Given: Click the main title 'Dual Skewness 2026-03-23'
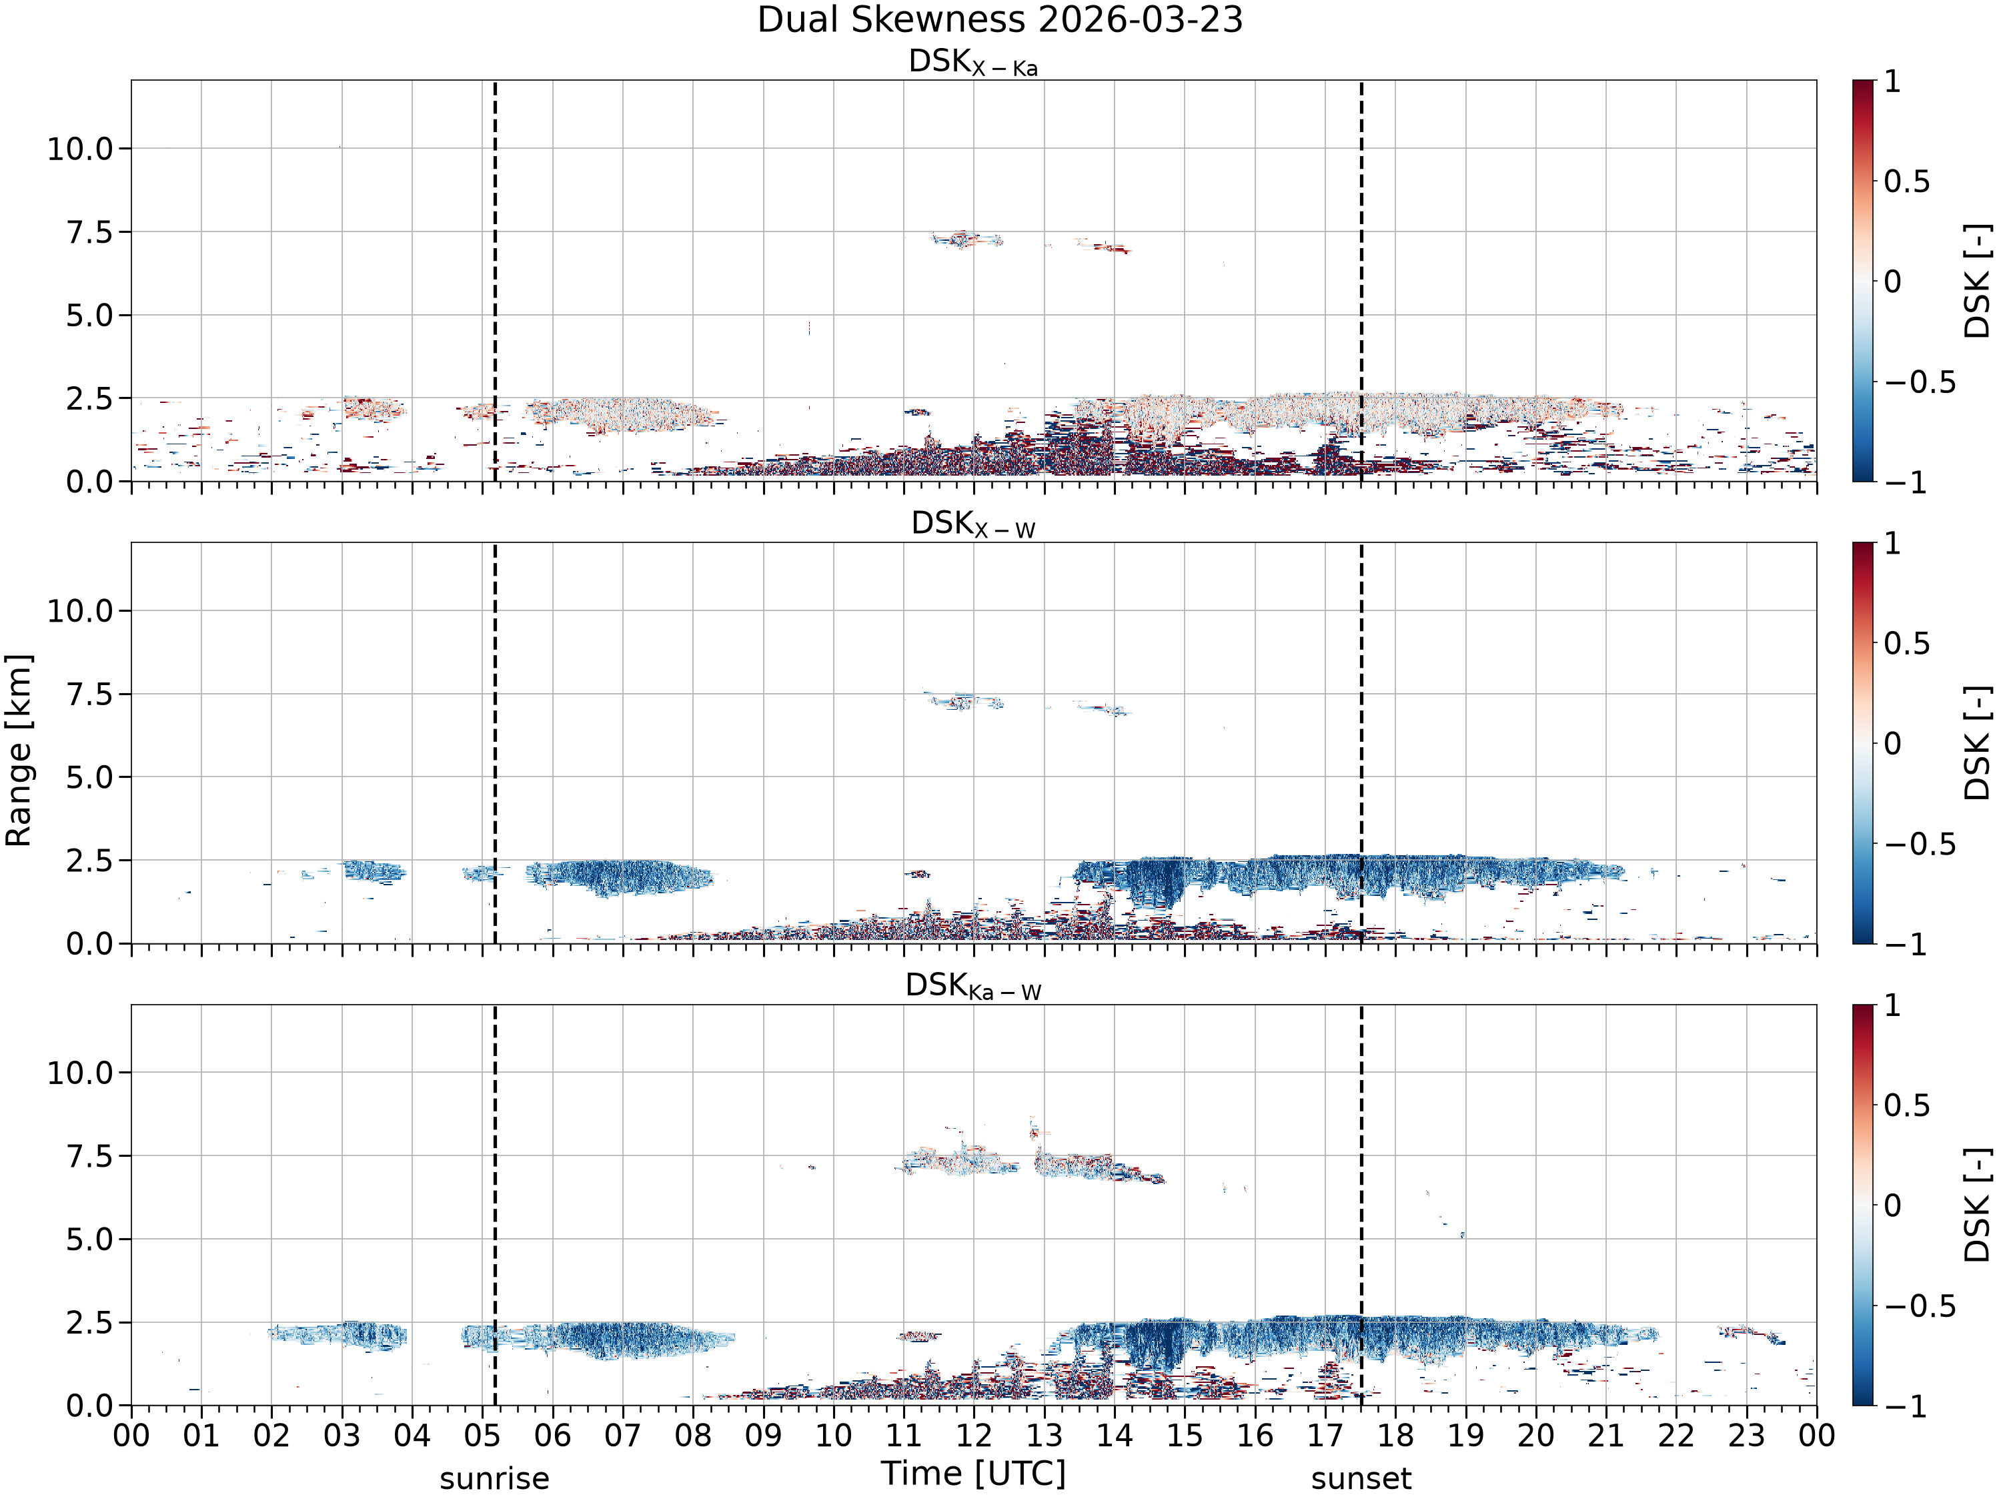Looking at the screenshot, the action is (x=1000, y=20).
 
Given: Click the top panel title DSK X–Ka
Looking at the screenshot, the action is (x=973, y=63).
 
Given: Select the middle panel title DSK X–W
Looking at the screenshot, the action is (x=973, y=525).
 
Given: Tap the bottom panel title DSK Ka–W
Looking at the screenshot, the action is (x=973, y=987).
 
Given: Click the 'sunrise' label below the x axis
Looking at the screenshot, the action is (x=495, y=1479).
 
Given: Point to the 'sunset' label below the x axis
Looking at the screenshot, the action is (x=1361, y=1479).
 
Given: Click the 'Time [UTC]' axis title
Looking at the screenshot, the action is (x=973, y=1474).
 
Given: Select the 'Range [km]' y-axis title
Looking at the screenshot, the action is (x=18, y=750).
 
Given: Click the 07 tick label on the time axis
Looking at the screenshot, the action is (x=622, y=1436).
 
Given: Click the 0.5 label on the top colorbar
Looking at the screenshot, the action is (x=1907, y=182).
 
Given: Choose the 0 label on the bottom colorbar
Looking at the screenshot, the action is (x=1892, y=1206).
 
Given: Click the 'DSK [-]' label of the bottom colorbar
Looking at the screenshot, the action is (x=1978, y=1206).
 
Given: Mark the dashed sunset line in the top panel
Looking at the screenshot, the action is (x=1361, y=280).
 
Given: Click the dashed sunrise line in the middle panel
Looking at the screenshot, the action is (x=495, y=742).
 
